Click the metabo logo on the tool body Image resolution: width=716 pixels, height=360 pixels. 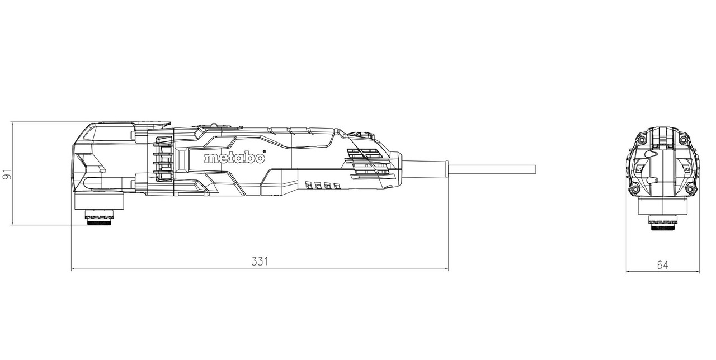click(x=234, y=158)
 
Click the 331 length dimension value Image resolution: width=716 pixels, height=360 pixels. click(x=260, y=261)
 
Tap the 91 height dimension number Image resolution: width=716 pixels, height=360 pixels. click(x=7, y=174)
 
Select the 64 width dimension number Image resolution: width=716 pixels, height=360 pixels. click(x=663, y=265)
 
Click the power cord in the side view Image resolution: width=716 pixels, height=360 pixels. click(x=493, y=169)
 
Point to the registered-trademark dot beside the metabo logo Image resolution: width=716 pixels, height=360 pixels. click(x=263, y=151)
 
